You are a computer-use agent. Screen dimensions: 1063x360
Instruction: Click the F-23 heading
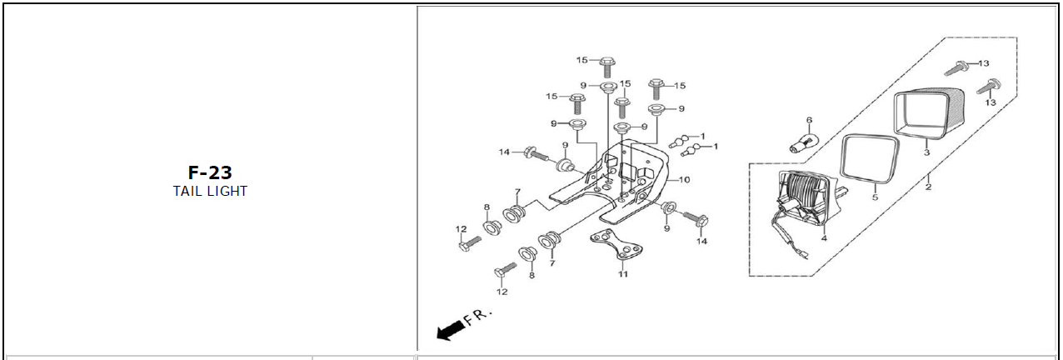210,172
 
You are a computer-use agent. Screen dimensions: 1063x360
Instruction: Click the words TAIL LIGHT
210,192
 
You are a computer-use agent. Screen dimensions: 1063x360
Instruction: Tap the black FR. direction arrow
451,330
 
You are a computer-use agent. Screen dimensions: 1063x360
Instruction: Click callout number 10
684,180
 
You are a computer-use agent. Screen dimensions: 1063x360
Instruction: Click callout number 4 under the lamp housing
824,238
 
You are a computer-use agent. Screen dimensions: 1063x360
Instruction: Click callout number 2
928,187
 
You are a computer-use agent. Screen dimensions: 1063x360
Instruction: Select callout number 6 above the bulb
810,121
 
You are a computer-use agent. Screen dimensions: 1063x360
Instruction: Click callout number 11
622,274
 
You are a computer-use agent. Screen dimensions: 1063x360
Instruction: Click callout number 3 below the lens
926,152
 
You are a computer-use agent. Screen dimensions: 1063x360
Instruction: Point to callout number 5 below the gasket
875,197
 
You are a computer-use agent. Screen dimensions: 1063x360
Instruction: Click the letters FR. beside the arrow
477,317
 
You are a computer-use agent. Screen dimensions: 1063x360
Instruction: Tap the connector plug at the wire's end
804,257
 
